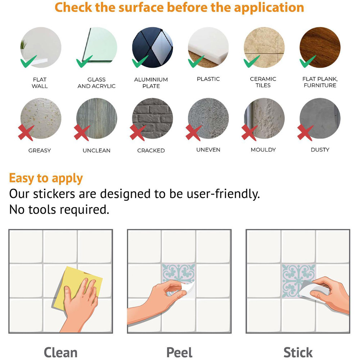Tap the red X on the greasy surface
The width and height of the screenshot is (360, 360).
tap(26, 133)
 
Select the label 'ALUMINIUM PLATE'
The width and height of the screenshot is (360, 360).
tap(151, 83)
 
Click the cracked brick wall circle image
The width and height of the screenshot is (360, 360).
tap(152, 118)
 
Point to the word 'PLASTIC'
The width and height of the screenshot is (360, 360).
tap(208, 79)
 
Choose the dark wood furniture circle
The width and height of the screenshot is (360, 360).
tap(320, 47)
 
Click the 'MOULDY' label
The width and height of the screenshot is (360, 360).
tap(263, 150)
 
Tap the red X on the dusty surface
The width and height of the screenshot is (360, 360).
tap(305, 133)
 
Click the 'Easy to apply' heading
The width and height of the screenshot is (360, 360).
tap(46, 179)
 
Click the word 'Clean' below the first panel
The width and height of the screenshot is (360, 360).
tap(60, 352)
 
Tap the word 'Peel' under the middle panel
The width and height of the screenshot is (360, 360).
tap(179, 352)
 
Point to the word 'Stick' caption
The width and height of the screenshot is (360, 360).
tap(298, 352)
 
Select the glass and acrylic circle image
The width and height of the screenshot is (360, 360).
tap(96, 47)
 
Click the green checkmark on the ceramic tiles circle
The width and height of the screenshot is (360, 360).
tap(251, 62)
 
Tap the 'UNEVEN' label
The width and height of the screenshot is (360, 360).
tap(208, 150)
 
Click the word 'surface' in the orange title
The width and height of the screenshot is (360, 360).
tap(141, 7)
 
